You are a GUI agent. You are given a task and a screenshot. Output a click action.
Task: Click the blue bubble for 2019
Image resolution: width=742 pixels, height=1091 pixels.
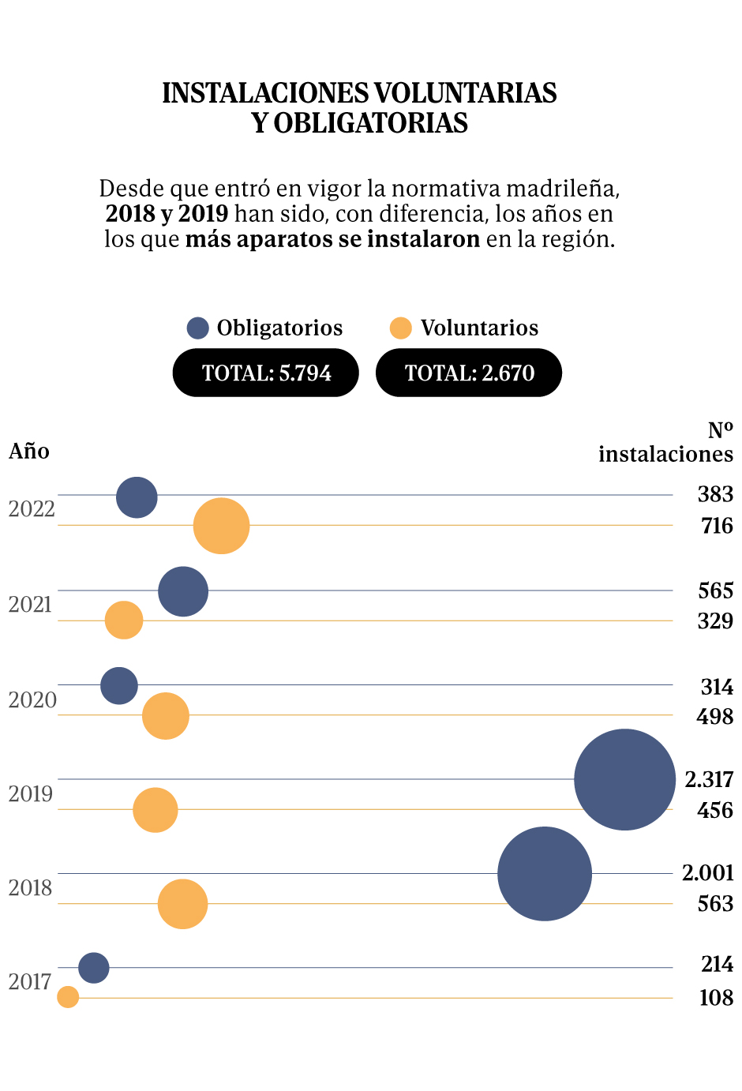(624, 779)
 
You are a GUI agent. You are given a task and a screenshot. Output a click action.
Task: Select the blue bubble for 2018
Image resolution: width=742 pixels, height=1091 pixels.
(545, 873)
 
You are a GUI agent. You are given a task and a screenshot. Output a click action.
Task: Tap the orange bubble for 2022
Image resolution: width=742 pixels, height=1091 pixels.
(221, 526)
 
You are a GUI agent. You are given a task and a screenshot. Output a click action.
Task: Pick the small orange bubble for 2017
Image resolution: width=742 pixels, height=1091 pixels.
(69, 997)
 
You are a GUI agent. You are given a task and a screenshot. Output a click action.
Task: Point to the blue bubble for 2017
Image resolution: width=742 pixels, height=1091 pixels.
(94, 967)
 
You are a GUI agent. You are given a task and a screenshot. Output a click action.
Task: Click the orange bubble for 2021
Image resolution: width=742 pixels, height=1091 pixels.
(124, 620)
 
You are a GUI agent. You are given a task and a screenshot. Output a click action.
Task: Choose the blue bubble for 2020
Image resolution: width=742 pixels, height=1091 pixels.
(119, 685)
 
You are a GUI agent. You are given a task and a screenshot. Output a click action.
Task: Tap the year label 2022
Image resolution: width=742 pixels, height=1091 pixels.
(32, 509)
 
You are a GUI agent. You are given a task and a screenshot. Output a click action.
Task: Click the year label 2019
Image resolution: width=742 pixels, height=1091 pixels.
(32, 794)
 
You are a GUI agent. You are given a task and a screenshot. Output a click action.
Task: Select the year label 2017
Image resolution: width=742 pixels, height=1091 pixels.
(32, 982)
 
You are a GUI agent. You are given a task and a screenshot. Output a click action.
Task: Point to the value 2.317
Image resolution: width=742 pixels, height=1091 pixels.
(709, 780)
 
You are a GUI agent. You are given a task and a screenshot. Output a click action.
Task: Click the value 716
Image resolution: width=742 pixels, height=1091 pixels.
(717, 526)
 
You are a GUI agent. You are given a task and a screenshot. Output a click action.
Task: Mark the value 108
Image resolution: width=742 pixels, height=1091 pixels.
(716, 998)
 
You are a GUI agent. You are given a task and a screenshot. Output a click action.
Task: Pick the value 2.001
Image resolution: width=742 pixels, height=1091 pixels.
(707, 873)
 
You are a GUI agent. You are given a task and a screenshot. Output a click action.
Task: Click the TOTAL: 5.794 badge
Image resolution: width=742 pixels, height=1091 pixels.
(266, 373)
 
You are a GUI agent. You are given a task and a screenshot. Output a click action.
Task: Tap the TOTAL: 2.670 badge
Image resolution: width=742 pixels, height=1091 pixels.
(469, 373)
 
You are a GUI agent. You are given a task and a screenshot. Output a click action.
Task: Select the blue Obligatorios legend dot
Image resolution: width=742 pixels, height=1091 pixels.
(197, 328)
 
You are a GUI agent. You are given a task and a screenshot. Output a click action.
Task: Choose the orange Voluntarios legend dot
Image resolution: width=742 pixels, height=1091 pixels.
(401, 328)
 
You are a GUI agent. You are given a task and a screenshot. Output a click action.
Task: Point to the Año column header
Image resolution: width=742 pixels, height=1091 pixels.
(29, 452)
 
